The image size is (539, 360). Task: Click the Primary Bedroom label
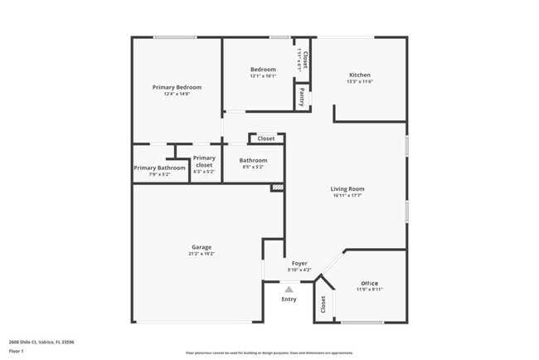click(x=177, y=87)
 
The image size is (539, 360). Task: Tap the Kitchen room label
click(x=359, y=75)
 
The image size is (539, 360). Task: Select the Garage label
click(x=202, y=247)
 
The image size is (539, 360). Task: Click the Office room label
click(x=369, y=284)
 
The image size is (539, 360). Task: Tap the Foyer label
click(x=299, y=263)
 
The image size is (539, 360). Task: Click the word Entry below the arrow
click(x=289, y=299)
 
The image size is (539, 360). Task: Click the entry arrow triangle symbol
click(x=289, y=289)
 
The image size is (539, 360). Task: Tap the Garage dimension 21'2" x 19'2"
click(x=202, y=255)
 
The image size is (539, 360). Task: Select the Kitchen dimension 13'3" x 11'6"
click(x=359, y=81)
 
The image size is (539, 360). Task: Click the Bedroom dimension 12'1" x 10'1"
click(x=263, y=76)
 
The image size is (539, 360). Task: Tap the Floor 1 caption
click(x=17, y=351)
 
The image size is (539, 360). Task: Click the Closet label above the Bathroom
click(x=266, y=139)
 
